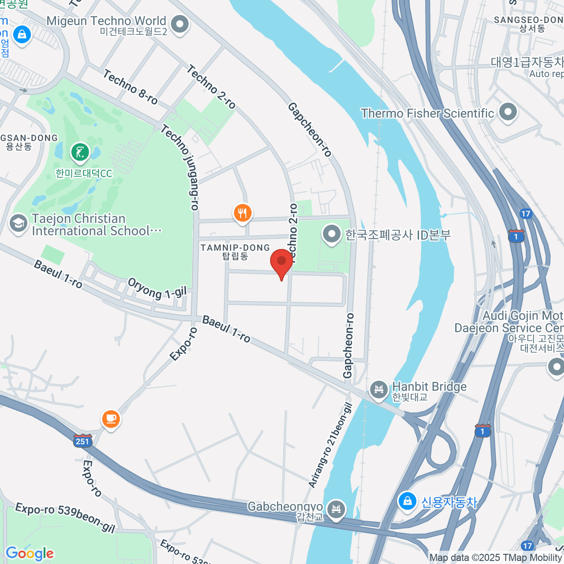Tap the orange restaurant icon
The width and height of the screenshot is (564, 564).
click(x=243, y=213)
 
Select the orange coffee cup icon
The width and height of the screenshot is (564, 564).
click(x=111, y=418)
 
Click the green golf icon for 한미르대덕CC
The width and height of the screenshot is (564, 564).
click(x=80, y=152)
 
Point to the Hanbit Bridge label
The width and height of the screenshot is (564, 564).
click(x=429, y=387)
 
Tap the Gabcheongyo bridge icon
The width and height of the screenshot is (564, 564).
click(x=336, y=509)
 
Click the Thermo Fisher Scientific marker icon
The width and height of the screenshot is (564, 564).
click(x=508, y=113)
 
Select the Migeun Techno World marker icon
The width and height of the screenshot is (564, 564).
click(x=179, y=24)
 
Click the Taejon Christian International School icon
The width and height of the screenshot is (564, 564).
click(x=18, y=224)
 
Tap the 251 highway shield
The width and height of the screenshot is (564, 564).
click(x=82, y=441)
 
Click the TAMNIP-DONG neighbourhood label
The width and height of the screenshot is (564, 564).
click(x=235, y=248)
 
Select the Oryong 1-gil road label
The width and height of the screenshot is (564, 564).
click(x=157, y=289)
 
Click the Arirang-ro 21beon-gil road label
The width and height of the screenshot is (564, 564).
click(x=330, y=445)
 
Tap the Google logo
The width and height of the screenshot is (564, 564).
click(x=30, y=553)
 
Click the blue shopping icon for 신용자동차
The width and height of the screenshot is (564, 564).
click(x=407, y=501)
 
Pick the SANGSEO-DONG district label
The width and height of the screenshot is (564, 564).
click(x=528, y=20)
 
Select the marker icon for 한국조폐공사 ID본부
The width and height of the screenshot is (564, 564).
click(x=332, y=234)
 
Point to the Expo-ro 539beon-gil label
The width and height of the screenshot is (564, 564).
click(x=65, y=517)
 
